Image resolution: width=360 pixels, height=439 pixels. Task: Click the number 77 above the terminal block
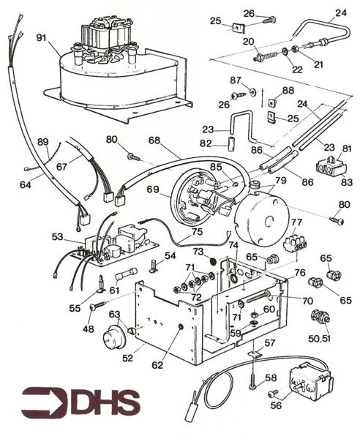pos(296,223)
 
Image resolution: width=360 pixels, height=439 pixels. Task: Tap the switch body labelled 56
pos(307,380)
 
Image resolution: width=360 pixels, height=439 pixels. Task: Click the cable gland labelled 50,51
pos(318,318)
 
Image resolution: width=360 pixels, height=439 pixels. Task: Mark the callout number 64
pos(26,185)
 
